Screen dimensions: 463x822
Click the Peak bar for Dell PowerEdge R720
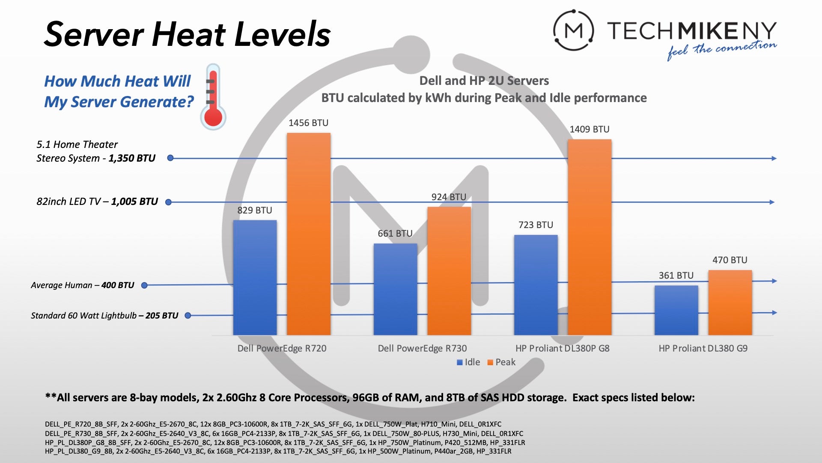[308, 234]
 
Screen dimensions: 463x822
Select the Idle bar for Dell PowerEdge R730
[395, 289]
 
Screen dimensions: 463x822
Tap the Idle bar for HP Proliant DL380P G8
[536, 285]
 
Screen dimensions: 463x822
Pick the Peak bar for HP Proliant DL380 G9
[730, 303]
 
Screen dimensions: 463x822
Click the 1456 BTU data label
[308, 123]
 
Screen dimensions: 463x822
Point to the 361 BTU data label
[676, 276]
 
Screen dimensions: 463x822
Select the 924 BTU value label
[449, 197]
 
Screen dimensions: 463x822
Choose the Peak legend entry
[501, 362]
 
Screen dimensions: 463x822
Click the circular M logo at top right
[573, 30]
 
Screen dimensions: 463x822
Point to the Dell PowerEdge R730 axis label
[422, 349]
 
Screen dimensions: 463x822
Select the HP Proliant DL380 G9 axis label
[703, 349]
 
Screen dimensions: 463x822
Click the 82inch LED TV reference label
[97, 201]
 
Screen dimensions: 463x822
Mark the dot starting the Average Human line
[144, 286]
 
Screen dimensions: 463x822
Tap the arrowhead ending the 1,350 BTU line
[774, 159]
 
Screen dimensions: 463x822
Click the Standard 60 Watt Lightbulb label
[104, 316]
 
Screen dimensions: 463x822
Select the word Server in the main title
[94, 34]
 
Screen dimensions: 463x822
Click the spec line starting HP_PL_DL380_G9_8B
[278, 451]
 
